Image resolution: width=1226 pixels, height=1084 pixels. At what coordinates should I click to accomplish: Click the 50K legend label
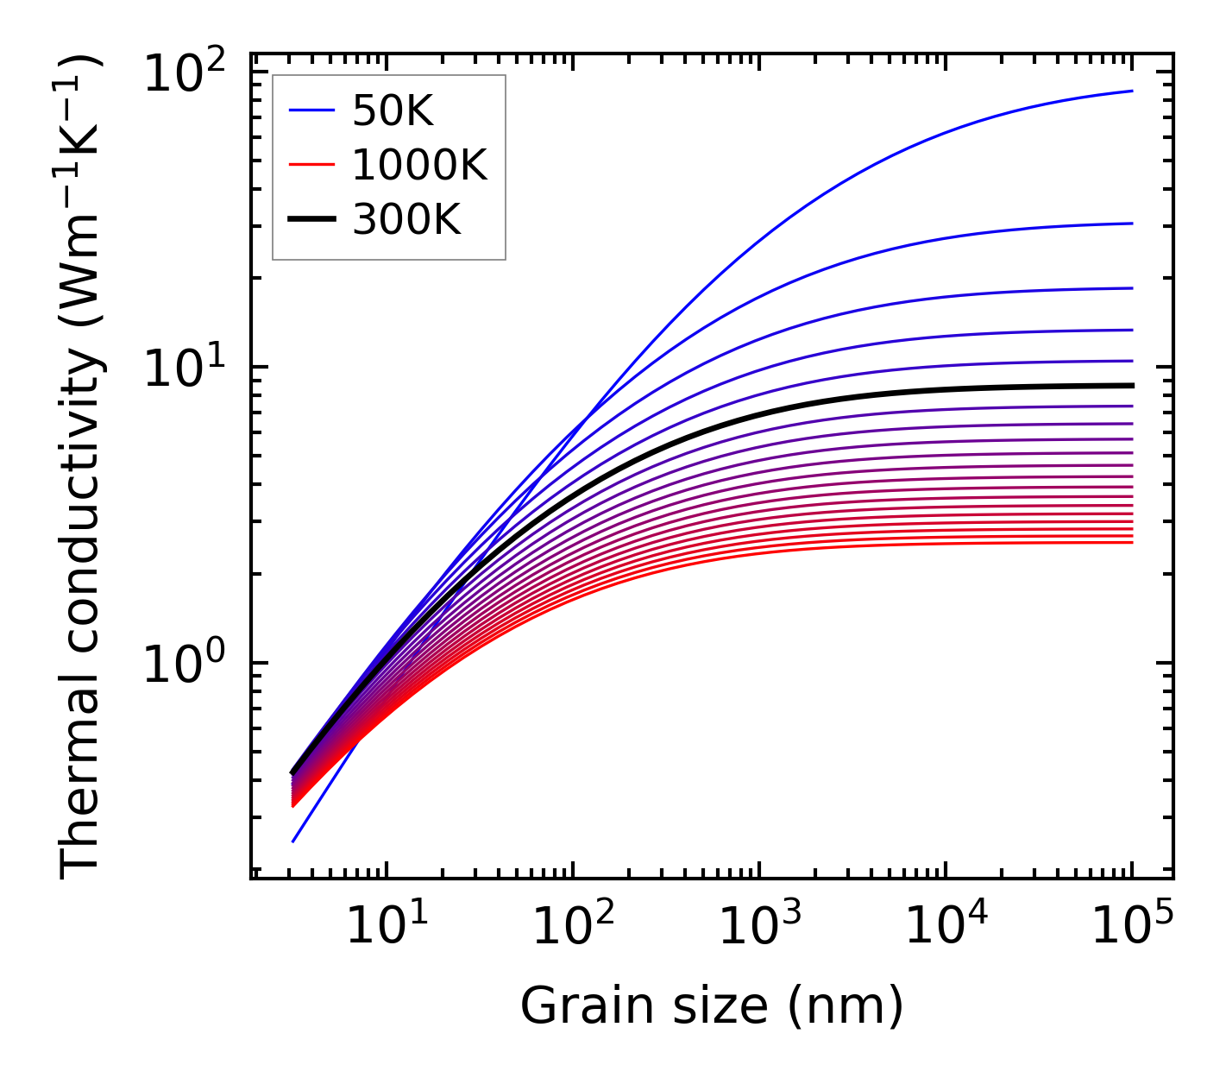393,111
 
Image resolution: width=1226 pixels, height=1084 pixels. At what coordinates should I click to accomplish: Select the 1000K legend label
419,165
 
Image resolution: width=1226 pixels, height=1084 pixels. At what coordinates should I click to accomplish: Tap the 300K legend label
406,220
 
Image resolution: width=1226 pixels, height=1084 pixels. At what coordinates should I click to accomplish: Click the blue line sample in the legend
311,110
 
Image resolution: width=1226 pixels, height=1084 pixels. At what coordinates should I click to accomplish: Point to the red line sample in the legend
311,165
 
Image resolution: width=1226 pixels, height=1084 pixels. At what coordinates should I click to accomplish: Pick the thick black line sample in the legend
311,220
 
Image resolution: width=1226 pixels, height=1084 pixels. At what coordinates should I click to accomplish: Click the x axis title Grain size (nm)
712,1006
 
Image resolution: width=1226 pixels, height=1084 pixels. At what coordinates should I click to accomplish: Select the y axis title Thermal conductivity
82,466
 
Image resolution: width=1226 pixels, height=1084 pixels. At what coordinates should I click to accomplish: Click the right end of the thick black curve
1132,386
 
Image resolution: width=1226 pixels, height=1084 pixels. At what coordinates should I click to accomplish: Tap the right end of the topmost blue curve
1132,91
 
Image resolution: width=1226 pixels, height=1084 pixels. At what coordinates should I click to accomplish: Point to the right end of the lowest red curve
1132,542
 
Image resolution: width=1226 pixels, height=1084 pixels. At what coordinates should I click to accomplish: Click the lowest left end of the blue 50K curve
293,841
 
